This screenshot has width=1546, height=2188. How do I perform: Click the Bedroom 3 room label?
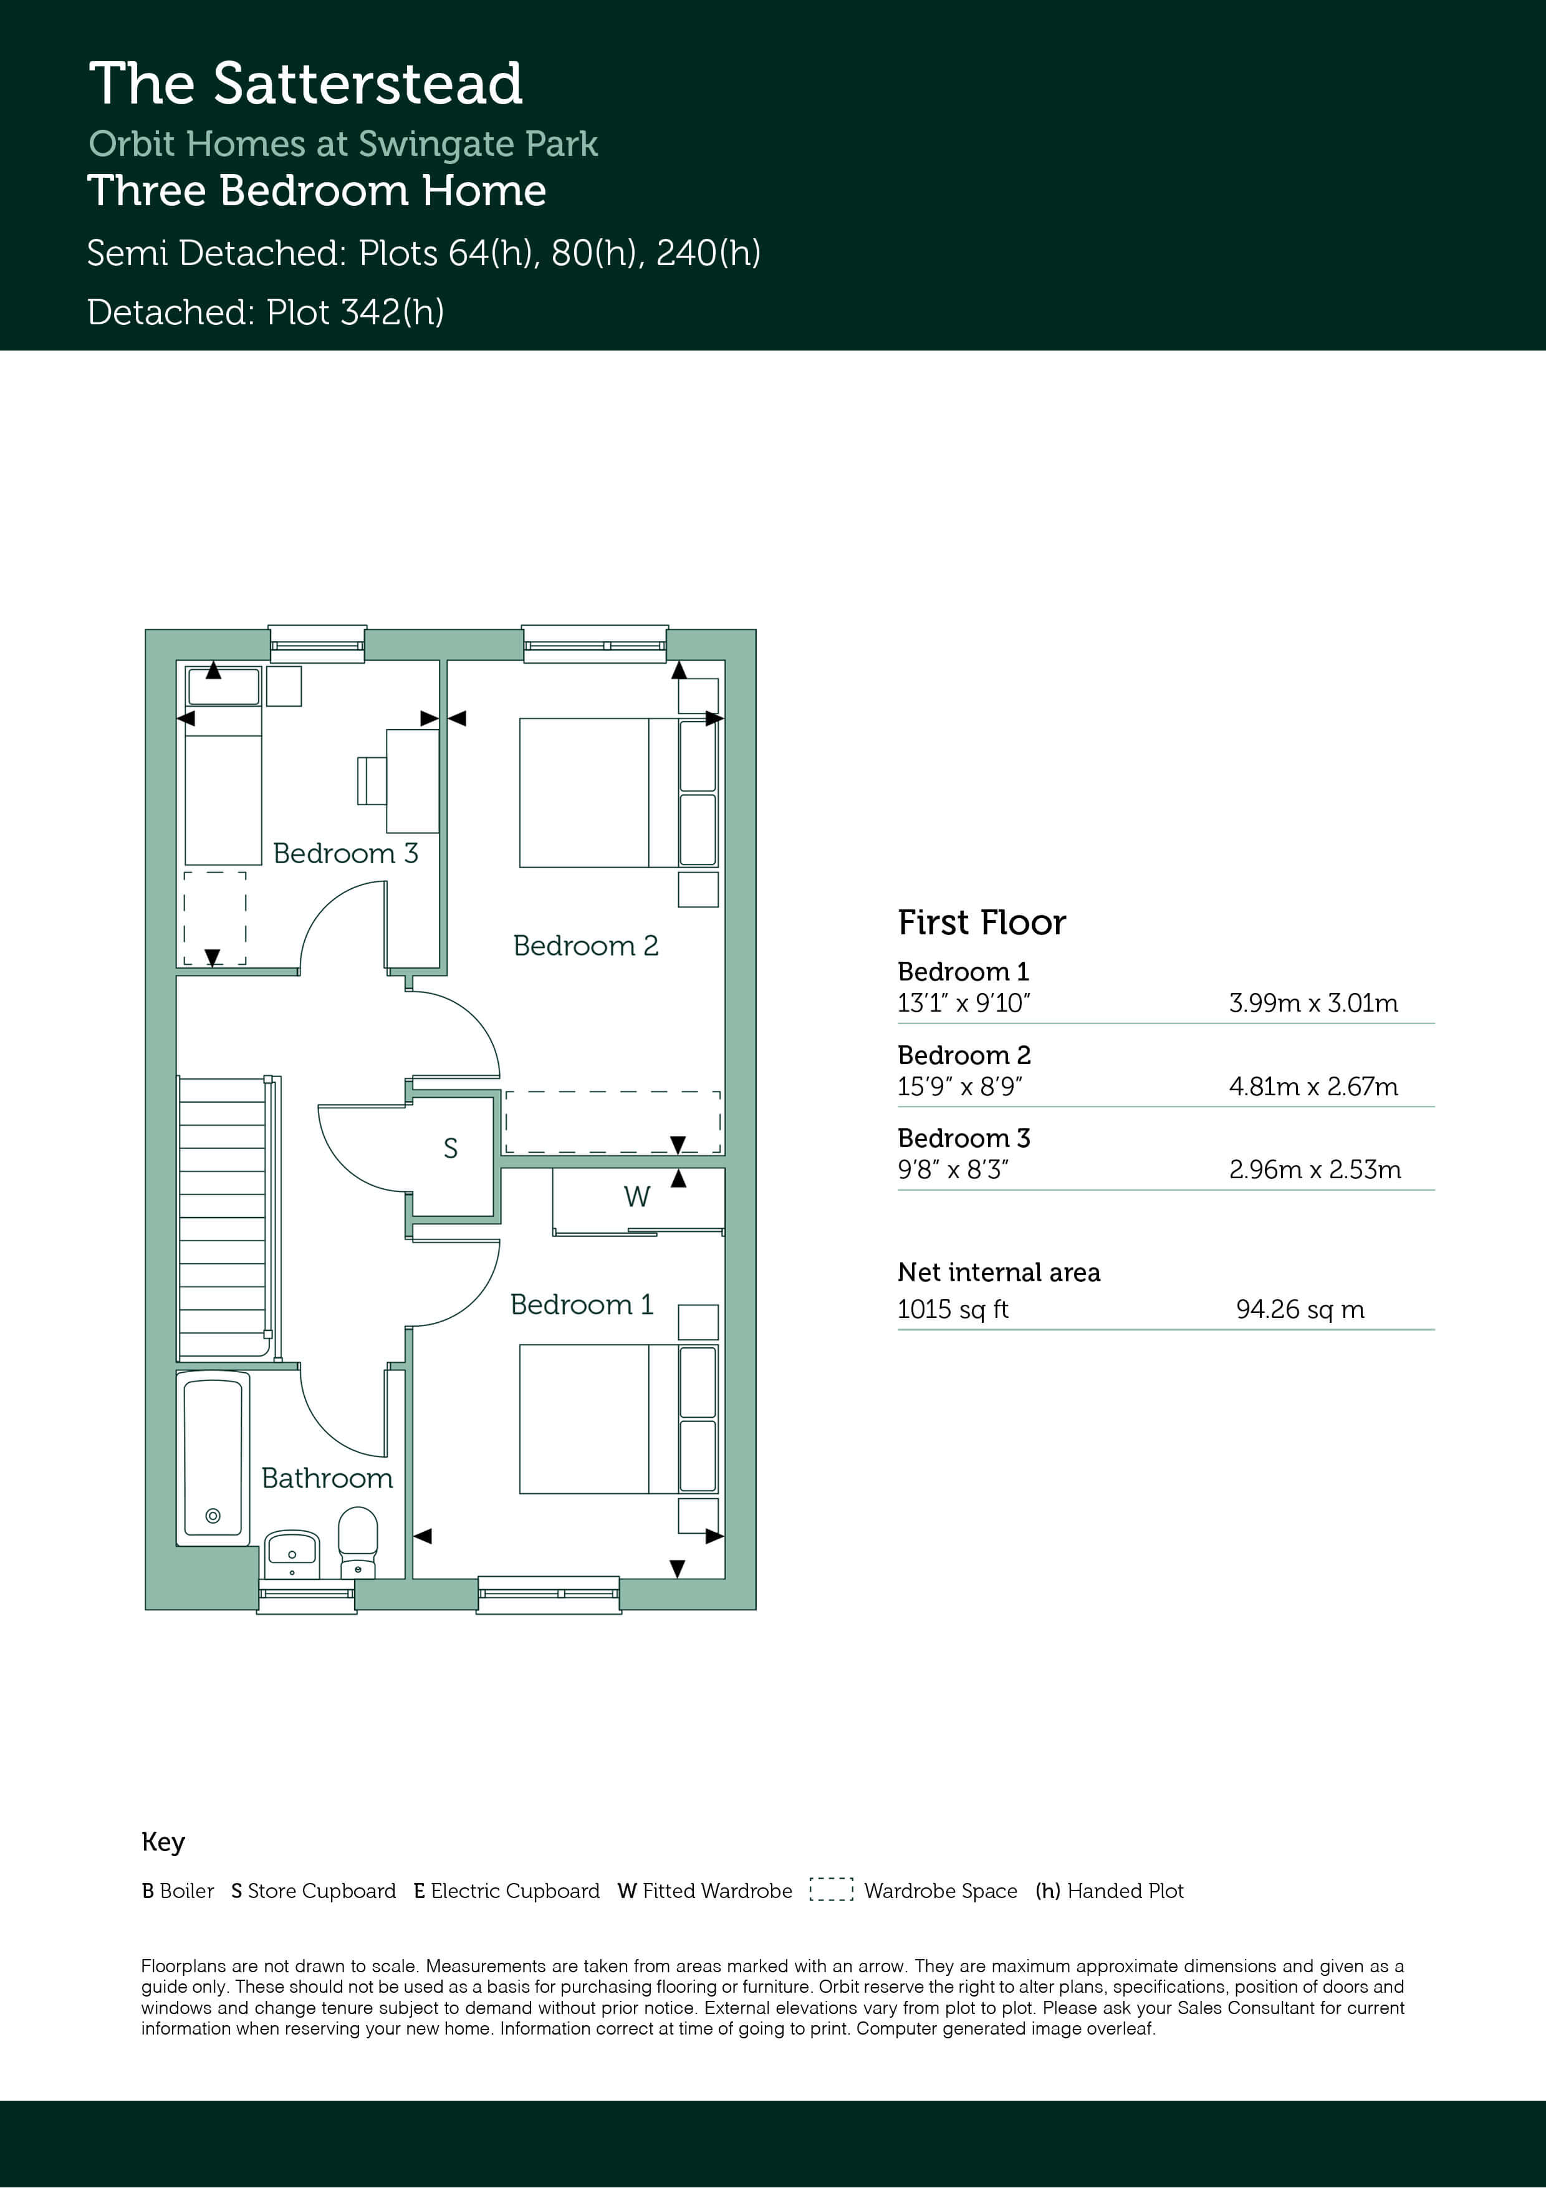pyautogui.click(x=346, y=853)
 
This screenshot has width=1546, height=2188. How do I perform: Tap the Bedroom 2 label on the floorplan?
pyautogui.click(x=586, y=946)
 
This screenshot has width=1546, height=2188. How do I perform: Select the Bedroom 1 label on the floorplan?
pyautogui.click(x=582, y=1305)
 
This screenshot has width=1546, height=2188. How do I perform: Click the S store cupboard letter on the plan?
pyautogui.click(x=451, y=1148)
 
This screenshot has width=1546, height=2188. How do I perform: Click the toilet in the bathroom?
pyautogui.click(x=358, y=1542)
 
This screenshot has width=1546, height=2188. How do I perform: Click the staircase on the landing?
pyautogui.click(x=228, y=1217)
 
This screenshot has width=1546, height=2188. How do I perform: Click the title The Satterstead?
pyautogui.click(x=305, y=83)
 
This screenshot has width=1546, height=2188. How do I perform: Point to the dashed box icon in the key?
pyautogui.click(x=830, y=1890)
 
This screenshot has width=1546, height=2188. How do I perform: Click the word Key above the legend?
pyautogui.click(x=163, y=1841)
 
